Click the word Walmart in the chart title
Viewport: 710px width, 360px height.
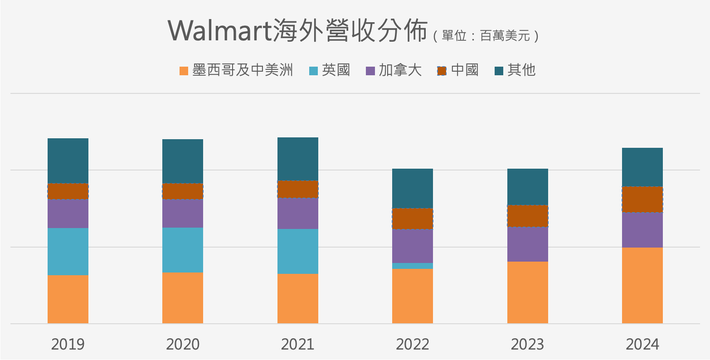point(220,31)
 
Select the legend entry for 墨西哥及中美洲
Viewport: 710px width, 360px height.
point(236,70)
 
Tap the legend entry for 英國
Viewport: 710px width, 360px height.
point(330,70)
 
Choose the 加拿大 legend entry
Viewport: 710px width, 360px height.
point(394,70)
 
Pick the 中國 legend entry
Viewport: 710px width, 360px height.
point(458,70)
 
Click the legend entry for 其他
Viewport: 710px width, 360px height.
point(515,70)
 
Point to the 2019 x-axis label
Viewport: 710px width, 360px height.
point(68,344)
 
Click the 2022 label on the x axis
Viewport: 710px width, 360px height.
point(413,344)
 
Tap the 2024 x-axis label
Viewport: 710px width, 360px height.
point(642,344)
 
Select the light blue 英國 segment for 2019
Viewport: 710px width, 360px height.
point(68,251)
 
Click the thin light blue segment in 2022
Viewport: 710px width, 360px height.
point(413,266)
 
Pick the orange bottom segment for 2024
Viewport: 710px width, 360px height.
point(642,285)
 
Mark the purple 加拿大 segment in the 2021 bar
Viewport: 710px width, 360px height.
point(298,213)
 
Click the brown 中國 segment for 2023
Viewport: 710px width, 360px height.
point(528,216)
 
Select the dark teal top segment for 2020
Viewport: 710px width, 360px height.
point(183,161)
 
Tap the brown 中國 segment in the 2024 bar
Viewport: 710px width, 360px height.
point(642,199)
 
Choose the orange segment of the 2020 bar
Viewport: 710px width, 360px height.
point(183,297)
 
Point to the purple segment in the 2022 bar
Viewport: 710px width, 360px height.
point(413,246)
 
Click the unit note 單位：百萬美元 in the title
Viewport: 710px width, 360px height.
point(486,36)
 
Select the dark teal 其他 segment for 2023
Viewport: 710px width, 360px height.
point(528,186)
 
